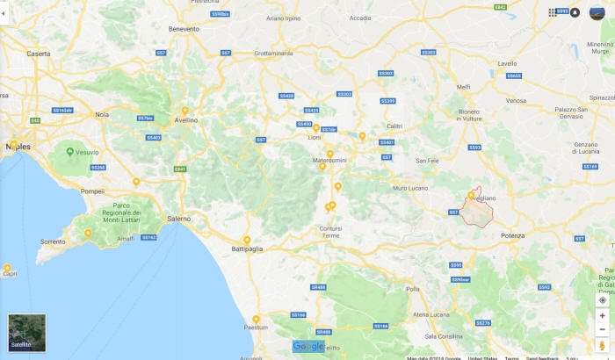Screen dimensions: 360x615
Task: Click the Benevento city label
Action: click(184, 29)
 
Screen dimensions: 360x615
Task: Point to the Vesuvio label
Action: click(86, 151)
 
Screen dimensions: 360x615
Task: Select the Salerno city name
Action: click(178, 218)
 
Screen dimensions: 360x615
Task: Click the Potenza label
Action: click(511, 235)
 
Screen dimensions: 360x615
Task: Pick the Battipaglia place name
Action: click(247, 248)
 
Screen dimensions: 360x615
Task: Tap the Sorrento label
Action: click(53, 241)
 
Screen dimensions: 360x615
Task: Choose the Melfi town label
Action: click(464, 86)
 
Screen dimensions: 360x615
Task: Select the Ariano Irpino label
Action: click(283, 18)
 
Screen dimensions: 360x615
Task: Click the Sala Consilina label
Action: click(445, 336)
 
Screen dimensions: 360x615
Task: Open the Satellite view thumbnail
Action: click(26, 333)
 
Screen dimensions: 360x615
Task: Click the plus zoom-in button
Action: click(602, 315)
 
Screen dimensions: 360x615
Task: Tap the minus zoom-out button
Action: click(602, 329)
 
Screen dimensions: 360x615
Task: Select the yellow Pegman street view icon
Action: click(602, 345)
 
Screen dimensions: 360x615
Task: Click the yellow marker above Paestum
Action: click(256, 320)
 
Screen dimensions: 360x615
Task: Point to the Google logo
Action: click(309, 346)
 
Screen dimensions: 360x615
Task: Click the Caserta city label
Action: click(39, 54)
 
